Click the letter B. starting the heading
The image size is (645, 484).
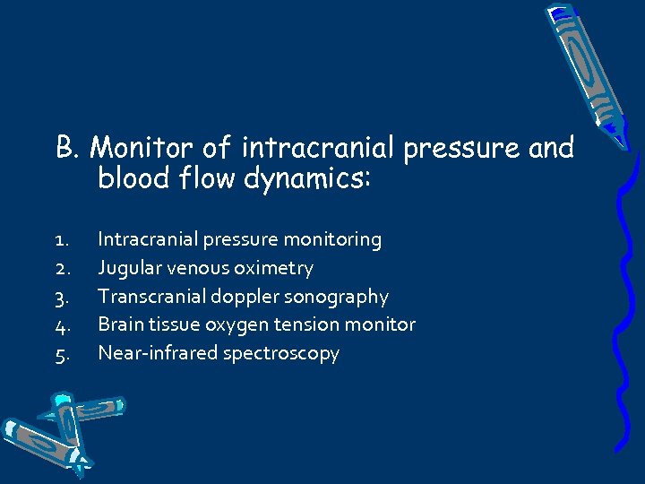[69, 147]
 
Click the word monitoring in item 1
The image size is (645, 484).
[332, 240]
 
